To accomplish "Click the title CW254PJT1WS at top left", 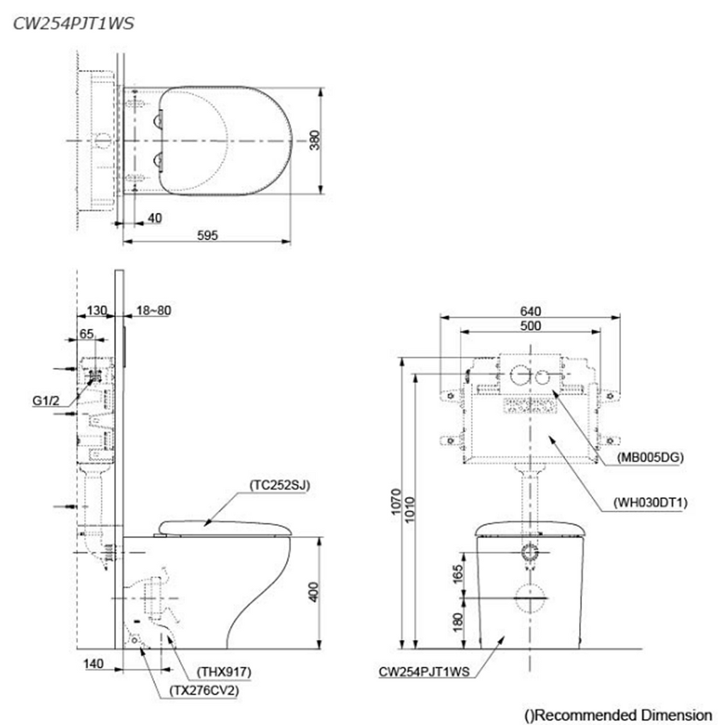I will [73, 23].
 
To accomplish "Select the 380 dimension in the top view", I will [314, 141].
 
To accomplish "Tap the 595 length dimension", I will [206, 236].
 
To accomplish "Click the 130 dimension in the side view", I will [96, 310].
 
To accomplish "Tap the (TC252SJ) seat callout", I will [280, 485].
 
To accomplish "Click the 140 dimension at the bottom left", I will [93, 664].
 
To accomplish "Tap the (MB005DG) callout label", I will [649, 457].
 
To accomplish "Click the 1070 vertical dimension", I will [397, 503].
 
